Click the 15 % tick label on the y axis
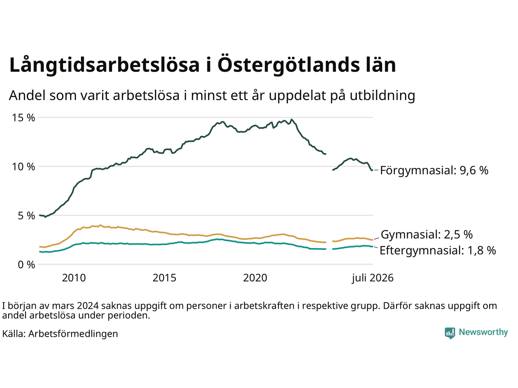pyautogui.click(x=23, y=118)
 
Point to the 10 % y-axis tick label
pyautogui.click(x=23, y=167)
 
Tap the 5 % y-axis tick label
pyautogui.click(x=26, y=216)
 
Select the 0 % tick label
pyautogui.click(x=26, y=265)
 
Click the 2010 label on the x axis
pyautogui.click(x=74, y=278)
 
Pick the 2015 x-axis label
pyautogui.click(x=164, y=278)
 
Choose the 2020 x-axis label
pyautogui.click(x=255, y=278)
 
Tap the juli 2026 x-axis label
pyautogui.click(x=373, y=278)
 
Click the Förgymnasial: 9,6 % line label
pyautogui.click(x=434, y=170)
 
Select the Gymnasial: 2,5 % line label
pyautogui.click(x=427, y=234)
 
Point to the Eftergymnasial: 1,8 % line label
pyautogui.click(x=438, y=250)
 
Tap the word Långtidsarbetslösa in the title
pyautogui.click(x=104, y=65)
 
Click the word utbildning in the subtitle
pyautogui.click(x=382, y=96)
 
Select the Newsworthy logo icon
pyautogui.click(x=450, y=333)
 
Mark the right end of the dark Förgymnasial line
pyautogui.click(x=372, y=170)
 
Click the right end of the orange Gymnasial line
pyautogui.click(x=372, y=240)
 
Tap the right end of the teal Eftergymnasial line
pyautogui.click(x=372, y=247)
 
